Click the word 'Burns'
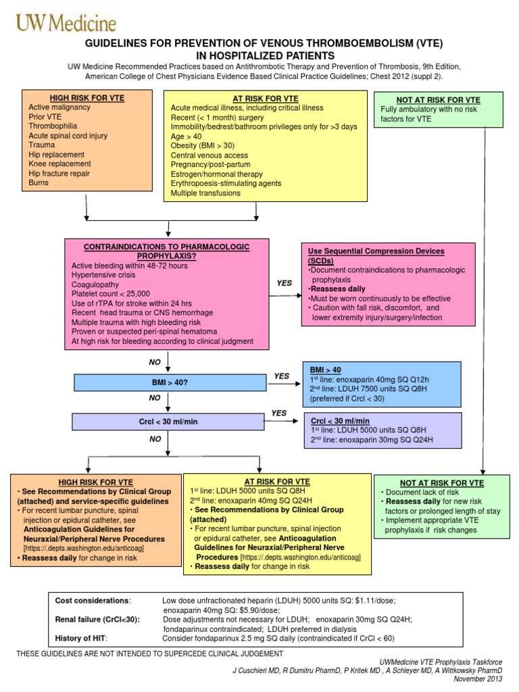[x=39, y=182]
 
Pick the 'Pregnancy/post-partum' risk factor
[x=211, y=164]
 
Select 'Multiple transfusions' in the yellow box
[x=205, y=193]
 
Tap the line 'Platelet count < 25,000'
[x=111, y=294]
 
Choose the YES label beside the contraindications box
[x=285, y=283]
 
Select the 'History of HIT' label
[x=80, y=637]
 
